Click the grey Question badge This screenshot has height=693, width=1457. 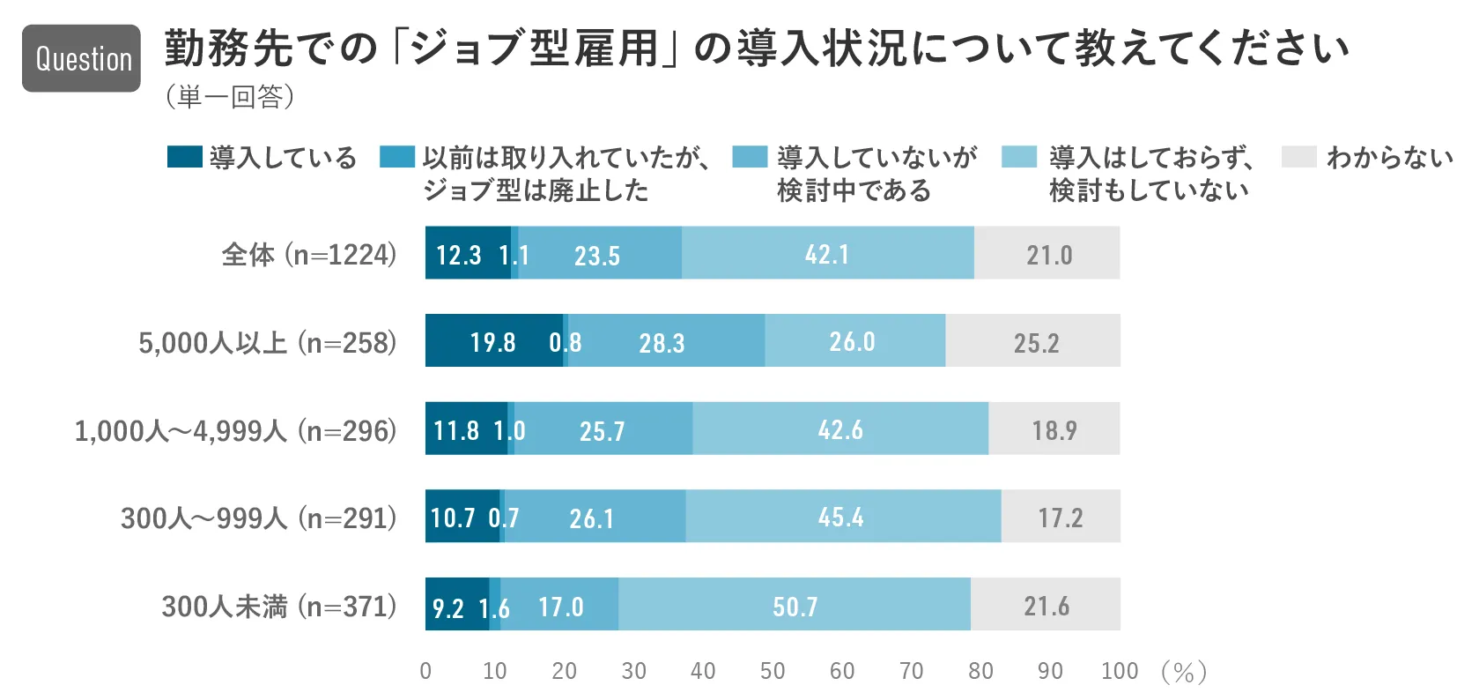pos(81,58)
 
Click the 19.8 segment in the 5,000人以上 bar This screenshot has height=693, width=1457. pos(492,341)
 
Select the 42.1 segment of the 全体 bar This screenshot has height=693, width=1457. pos(827,254)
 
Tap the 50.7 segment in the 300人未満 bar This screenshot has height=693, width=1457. pos(795,606)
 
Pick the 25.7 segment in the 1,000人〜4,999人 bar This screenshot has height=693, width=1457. pos(603,430)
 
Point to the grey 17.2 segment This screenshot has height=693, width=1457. pos(1060,518)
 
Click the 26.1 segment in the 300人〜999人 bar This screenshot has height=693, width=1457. pos(592,518)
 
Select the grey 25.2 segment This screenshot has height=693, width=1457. pos(1036,342)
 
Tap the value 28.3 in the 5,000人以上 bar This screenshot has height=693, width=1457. pos(662,342)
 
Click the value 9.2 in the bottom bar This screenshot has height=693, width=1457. pos(447,607)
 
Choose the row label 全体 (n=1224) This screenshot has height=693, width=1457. pos(309,255)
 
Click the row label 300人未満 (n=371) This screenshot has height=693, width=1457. pos(279,607)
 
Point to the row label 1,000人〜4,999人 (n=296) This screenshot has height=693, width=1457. pos(235,430)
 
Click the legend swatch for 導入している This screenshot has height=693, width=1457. pos(184,157)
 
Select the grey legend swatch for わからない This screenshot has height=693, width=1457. pos(1298,157)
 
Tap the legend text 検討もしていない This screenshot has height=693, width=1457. pos(1149,190)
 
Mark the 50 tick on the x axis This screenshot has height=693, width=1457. pos(773,671)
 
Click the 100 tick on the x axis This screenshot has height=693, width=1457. pos(1120,671)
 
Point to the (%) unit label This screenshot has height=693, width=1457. pos(1184,672)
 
